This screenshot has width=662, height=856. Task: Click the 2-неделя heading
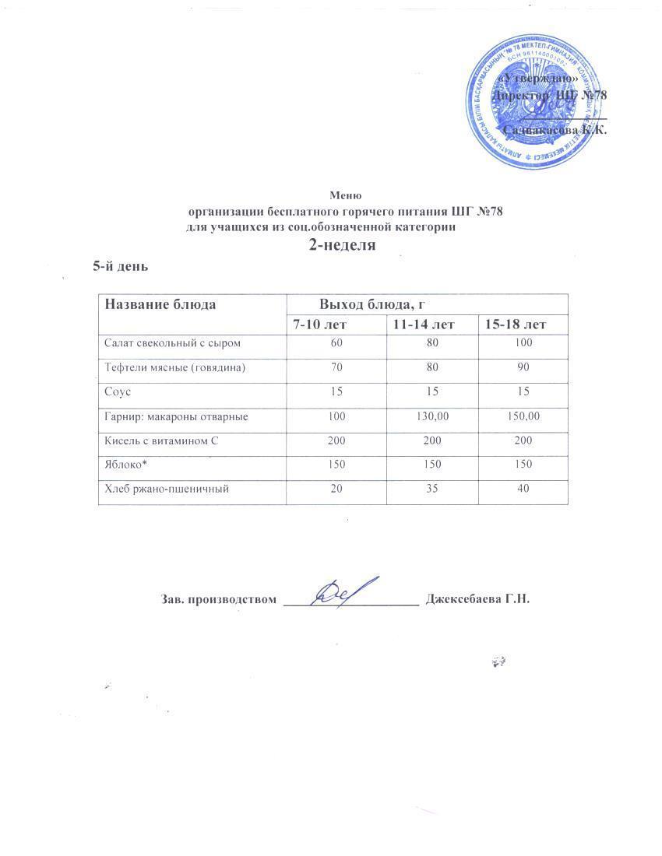(x=343, y=245)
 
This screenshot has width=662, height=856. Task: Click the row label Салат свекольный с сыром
(x=168, y=342)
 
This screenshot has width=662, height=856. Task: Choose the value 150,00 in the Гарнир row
(x=523, y=417)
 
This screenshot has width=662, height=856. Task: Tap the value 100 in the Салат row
(x=523, y=342)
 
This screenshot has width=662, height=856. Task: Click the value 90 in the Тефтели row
(x=523, y=367)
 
